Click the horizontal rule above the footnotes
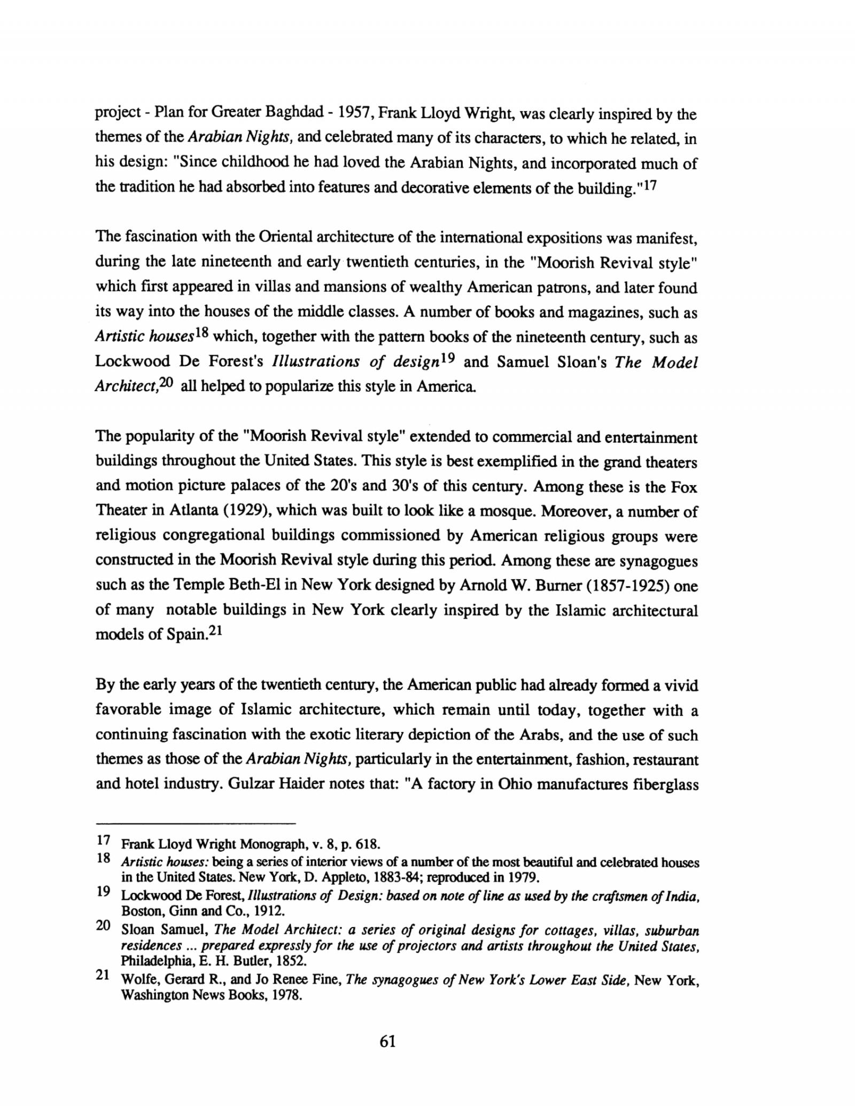(x=195, y=822)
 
